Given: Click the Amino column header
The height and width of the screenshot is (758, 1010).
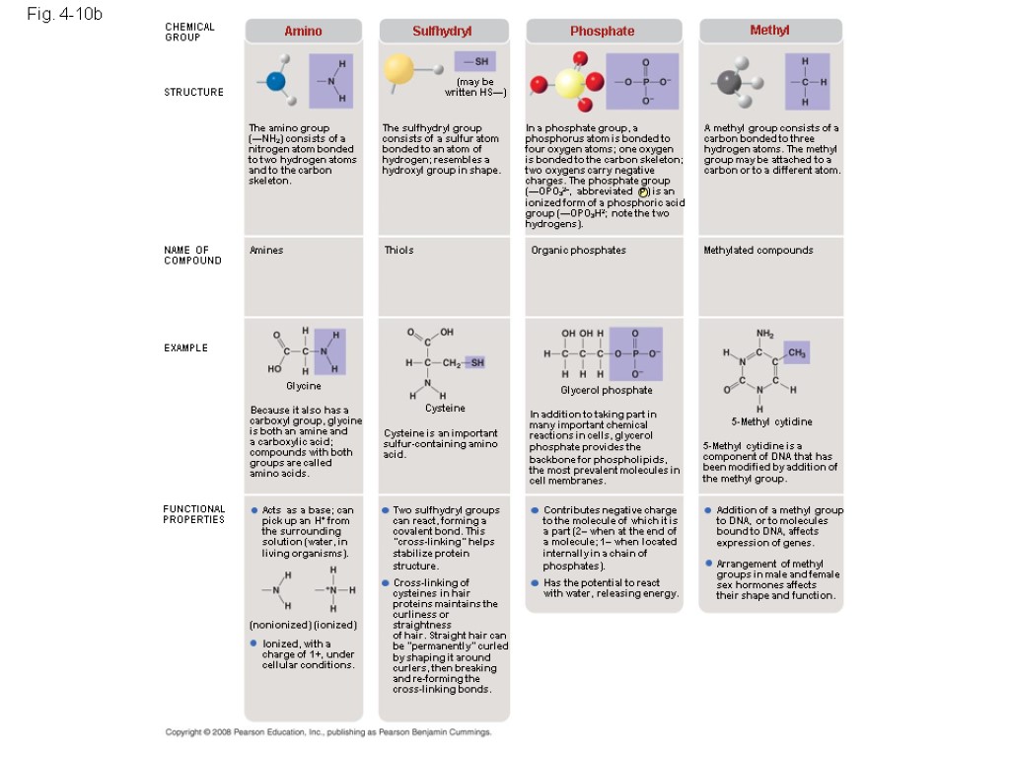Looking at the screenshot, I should click(303, 32).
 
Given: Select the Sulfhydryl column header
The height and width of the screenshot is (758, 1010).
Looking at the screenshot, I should click(442, 32).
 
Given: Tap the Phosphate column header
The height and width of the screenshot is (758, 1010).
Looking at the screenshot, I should click(602, 32).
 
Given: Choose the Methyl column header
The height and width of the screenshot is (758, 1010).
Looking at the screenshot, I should click(769, 31).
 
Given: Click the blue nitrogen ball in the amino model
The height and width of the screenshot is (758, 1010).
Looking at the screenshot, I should click(276, 80).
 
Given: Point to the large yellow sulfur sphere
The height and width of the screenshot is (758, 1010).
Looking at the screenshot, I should click(398, 69).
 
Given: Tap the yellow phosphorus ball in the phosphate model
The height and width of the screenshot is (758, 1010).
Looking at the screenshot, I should click(570, 84).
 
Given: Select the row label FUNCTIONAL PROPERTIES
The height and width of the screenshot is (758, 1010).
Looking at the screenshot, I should click(194, 514).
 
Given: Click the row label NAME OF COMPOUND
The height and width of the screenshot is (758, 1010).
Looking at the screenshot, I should click(192, 256).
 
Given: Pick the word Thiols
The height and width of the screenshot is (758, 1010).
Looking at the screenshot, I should click(399, 251).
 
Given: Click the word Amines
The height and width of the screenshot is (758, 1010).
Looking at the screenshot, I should click(266, 251).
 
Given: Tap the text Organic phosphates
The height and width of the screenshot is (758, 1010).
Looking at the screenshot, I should click(578, 251).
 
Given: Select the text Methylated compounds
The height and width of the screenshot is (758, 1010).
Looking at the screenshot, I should click(757, 251).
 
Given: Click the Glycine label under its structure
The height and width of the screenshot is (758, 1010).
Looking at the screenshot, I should click(304, 386).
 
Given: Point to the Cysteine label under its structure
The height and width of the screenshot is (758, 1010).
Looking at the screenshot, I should click(445, 408).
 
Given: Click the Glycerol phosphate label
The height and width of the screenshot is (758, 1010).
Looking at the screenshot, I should click(607, 391).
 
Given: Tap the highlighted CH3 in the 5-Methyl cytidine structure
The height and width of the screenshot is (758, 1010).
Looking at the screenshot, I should click(796, 352).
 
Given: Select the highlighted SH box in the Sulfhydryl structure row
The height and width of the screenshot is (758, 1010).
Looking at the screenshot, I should click(474, 62).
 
